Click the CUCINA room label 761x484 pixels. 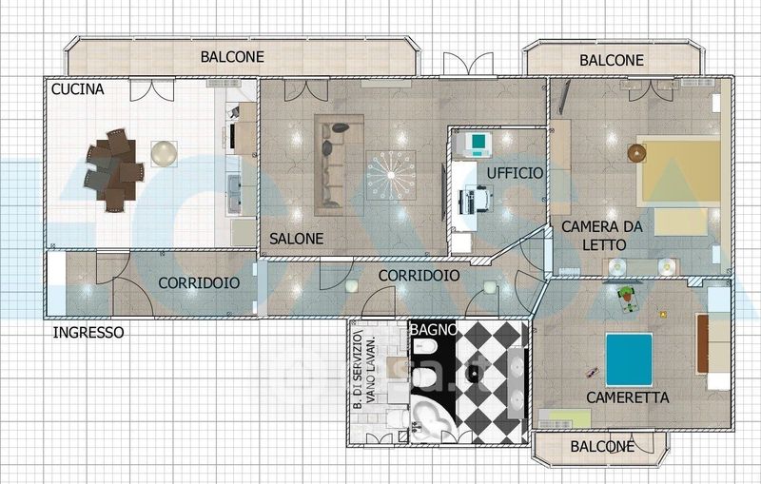[x=78, y=89]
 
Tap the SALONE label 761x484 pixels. [x=297, y=239]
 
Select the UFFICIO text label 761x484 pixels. [x=515, y=173]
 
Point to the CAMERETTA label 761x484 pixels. [x=628, y=397]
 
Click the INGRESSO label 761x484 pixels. [x=88, y=333]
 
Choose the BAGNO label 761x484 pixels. [x=434, y=330]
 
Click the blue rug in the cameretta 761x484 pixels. [x=629, y=358]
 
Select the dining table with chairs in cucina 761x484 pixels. [x=114, y=170]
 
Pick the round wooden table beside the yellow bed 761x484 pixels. [x=636, y=153]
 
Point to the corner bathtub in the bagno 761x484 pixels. [x=433, y=416]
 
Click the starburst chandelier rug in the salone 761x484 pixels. [x=391, y=175]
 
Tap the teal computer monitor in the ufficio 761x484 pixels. [x=478, y=142]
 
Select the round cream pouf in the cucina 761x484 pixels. [x=163, y=153]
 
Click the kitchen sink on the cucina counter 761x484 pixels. [x=234, y=194]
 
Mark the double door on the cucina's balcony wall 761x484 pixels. [x=152, y=90]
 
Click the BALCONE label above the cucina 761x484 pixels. [x=232, y=57]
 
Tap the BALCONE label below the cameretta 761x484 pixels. [x=602, y=447]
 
